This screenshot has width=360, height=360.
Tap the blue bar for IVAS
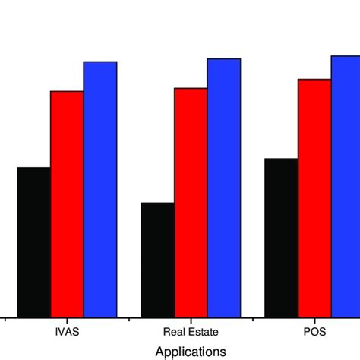(x=100, y=189)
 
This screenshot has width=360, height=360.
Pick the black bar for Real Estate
(x=158, y=260)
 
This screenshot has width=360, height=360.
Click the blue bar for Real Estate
(x=224, y=188)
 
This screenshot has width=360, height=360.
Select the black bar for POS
(x=281, y=238)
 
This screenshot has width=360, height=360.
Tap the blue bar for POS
(x=346, y=186)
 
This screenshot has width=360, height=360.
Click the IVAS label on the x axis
(x=67, y=333)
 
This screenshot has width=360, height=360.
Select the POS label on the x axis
(x=314, y=333)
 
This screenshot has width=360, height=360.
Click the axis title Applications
(x=191, y=352)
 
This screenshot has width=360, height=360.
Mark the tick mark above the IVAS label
(x=67, y=321)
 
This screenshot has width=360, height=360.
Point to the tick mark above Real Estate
(x=191, y=321)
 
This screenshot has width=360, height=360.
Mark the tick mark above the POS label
(x=314, y=321)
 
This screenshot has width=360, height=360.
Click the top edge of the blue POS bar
(x=346, y=56)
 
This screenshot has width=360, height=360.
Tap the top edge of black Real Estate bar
(x=158, y=203)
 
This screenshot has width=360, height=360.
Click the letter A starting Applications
(x=159, y=352)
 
